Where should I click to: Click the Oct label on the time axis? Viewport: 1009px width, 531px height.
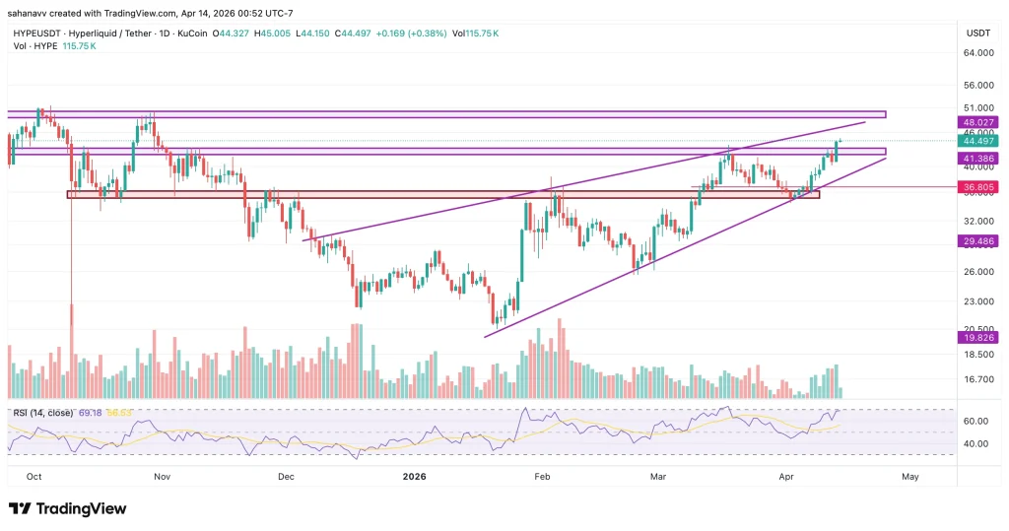34,476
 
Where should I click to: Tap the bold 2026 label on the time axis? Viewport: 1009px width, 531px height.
414,476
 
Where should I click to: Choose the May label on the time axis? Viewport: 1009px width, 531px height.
910,476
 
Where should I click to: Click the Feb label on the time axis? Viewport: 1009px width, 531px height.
541,476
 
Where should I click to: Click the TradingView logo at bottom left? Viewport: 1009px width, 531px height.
68,508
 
